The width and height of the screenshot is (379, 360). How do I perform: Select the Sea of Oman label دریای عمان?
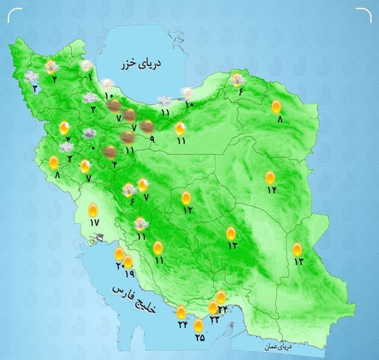278,347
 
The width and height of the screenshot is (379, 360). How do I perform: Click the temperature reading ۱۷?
94,223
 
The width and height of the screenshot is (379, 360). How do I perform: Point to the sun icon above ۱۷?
93,210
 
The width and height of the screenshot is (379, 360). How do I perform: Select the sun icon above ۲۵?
198,325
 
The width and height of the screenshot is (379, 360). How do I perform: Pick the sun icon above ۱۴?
270,177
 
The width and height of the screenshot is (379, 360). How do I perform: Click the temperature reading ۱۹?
129,273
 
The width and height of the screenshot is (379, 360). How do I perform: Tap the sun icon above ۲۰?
119,253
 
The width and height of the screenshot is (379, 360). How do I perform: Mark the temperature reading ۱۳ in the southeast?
299,262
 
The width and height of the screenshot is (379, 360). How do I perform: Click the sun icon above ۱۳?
297,249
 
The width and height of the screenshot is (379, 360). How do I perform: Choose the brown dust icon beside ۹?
147,126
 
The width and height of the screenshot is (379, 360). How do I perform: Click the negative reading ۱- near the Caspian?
88,77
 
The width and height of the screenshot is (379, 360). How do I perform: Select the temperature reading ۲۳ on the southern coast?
214,320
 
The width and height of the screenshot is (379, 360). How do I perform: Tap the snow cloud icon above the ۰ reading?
89,134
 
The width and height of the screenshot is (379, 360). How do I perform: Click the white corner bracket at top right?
364,15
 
